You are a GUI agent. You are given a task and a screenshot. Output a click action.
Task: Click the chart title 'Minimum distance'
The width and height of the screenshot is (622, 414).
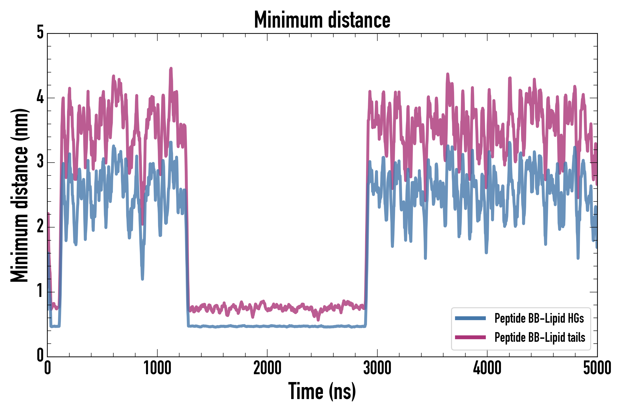tap(322, 20)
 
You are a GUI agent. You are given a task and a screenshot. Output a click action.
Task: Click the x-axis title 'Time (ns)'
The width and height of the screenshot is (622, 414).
tap(322, 391)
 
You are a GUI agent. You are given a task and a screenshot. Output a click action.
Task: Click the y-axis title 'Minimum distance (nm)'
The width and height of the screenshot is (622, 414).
tap(19, 195)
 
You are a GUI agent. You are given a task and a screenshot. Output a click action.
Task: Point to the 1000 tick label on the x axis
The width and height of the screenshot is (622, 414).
tap(157, 368)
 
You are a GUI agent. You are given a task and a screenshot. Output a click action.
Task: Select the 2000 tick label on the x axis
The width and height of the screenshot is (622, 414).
tap(267, 368)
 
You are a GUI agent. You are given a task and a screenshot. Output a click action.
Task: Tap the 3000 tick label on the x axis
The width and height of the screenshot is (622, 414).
tap(377, 368)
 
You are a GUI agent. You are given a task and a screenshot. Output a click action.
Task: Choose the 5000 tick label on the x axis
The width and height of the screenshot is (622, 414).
tap(597, 368)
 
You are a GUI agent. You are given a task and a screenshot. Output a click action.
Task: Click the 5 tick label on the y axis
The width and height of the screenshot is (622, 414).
tap(40, 32)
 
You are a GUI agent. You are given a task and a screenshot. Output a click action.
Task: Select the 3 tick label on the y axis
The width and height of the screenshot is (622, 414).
tap(40, 162)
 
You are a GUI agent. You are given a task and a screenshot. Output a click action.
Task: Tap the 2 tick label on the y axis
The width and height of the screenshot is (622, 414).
tap(40, 227)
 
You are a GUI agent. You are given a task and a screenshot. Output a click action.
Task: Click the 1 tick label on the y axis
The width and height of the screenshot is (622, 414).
tap(40, 291)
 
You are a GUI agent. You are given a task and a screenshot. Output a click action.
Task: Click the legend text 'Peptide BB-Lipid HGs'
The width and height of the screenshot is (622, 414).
tap(539, 318)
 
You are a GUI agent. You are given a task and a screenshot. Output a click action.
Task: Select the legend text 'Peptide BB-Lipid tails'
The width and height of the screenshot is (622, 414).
tap(540, 337)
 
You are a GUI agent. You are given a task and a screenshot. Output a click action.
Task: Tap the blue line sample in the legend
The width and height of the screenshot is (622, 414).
tap(470, 318)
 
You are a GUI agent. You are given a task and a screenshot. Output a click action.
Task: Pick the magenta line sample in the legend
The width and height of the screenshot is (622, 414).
tap(470, 337)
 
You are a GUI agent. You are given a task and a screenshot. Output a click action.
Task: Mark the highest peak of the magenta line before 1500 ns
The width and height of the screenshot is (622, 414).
tap(171, 68)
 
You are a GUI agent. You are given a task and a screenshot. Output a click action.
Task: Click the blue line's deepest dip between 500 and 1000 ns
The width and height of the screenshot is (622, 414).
tap(142, 279)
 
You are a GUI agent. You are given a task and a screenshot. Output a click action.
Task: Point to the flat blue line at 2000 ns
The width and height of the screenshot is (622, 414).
tap(267, 326)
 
